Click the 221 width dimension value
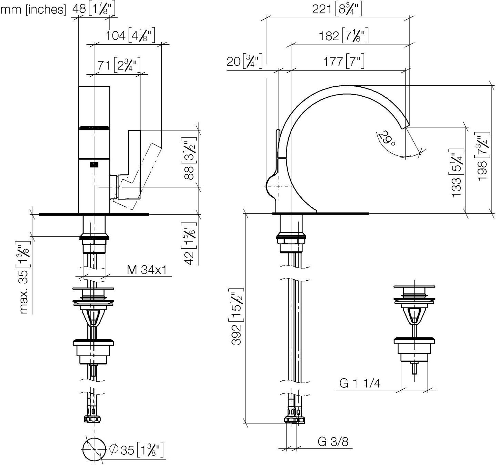tap(321, 10)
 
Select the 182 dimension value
tap(329, 36)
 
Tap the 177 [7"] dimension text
tap(344, 62)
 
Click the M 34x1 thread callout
tap(147, 270)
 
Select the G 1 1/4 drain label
tap(360, 383)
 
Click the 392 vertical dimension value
tap(236, 335)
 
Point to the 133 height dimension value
tap(456, 187)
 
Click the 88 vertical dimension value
tap(189, 173)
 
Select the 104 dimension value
tap(115, 35)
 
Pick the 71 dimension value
tap(104, 66)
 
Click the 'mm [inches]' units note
tap(33, 10)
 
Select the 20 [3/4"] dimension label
tap(245, 61)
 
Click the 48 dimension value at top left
tap(79, 9)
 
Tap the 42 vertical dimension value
tap(189, 258)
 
